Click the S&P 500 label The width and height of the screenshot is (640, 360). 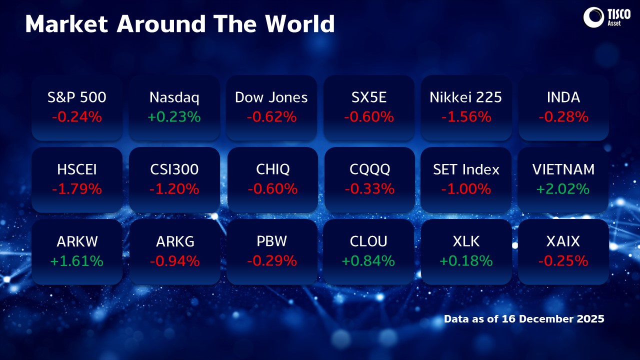tap(77, 97)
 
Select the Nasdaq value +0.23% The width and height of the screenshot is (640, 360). tap(174, 117)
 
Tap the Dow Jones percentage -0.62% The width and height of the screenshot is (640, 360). tap(271, 117)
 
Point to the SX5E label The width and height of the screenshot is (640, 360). tap(369, 97)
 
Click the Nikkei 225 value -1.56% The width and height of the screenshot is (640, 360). tap(466, 117)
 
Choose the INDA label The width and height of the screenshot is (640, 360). tap(563, 97)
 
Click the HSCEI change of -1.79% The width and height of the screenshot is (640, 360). tap(77, 189)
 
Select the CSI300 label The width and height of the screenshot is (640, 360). tap(174, 169)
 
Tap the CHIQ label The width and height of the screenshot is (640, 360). tap(271, 169)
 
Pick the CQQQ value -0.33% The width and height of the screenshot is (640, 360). tap(369, 189)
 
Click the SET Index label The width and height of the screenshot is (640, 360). tap(466, 169)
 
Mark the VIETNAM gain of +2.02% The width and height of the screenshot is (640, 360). tap(563, 189)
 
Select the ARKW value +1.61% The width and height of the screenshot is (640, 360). tap(77, 261)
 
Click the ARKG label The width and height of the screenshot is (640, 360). tap(174, 241)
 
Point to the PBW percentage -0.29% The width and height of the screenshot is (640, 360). tap(271, 261)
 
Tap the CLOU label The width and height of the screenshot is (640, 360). tap(369, 241)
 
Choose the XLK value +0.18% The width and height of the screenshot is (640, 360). tap(466, 261)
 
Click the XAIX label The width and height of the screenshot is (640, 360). tap(563, 241)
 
